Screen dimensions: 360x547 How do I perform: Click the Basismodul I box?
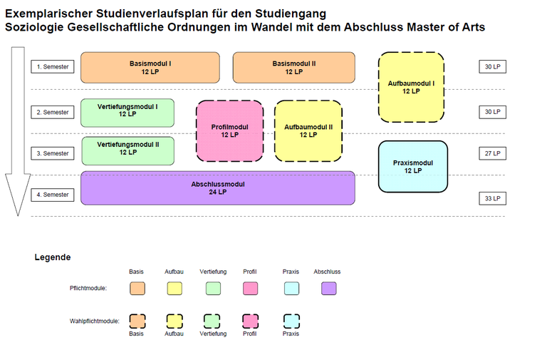point(150,67)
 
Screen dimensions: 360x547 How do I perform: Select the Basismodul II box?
point(293,67)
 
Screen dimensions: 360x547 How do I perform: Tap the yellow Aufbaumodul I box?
point(411,87)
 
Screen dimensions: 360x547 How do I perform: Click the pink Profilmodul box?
point(229,130)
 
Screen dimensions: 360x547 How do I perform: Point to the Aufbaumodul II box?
point(308,130)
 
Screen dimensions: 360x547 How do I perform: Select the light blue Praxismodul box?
point(412,166)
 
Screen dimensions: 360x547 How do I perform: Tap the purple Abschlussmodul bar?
point(217,187)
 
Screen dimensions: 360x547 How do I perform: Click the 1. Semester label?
point(53,67)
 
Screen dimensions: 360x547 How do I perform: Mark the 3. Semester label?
point(53,153)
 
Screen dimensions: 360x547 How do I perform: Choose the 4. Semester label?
point(53,195)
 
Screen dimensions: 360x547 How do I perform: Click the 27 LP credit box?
point(492,153)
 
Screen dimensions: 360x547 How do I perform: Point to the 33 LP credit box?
point(492,198)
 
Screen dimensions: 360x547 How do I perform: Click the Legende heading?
point(52,257)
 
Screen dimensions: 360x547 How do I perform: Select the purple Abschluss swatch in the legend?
point(328,289)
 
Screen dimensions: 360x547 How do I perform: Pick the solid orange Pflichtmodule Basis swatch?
point(137,289)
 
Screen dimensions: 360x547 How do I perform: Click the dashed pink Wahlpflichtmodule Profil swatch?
point(250,320)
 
